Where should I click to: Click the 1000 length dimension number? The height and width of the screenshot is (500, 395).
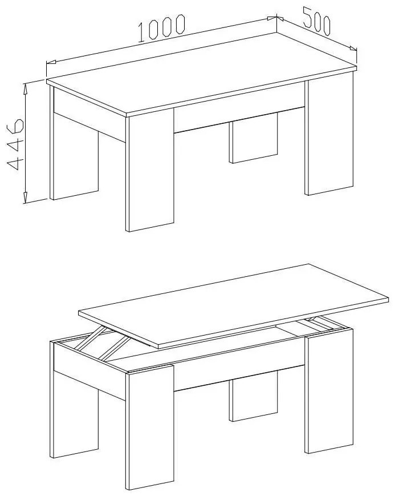tap(161, 28)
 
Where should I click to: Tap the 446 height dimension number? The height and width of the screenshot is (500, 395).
tap(15, 144)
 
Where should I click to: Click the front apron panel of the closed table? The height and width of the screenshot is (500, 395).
tap(239, 113)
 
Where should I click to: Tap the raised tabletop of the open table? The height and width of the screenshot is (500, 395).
tap(233, 306)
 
